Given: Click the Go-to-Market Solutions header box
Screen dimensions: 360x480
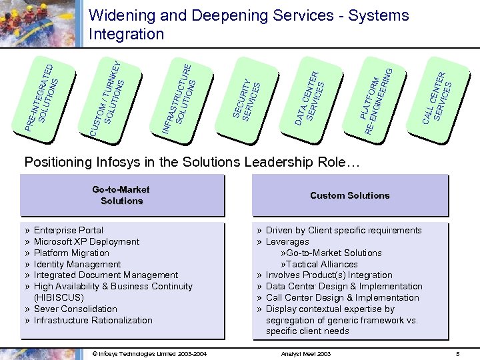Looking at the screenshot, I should tap(121, 195).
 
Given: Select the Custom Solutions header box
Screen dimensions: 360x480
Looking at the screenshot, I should tap(350, 195).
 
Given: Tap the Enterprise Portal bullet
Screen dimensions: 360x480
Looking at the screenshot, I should tap(69, 231).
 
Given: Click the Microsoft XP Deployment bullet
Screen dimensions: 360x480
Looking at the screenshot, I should tap(87, 242).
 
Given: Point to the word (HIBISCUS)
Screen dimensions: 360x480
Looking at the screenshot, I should tap(59, 298).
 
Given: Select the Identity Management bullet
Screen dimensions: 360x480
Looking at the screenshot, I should tap(77, 265).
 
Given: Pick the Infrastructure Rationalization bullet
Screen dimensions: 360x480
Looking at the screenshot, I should tap(93, 321).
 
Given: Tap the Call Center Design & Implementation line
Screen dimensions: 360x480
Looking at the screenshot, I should tap(342, 298).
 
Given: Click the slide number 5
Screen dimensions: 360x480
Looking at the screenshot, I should tap(458, 353).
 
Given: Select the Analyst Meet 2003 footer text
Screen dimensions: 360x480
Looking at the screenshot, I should tap(307, 353).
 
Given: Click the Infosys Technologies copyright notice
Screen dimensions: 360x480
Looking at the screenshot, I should tap(149, 353).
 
